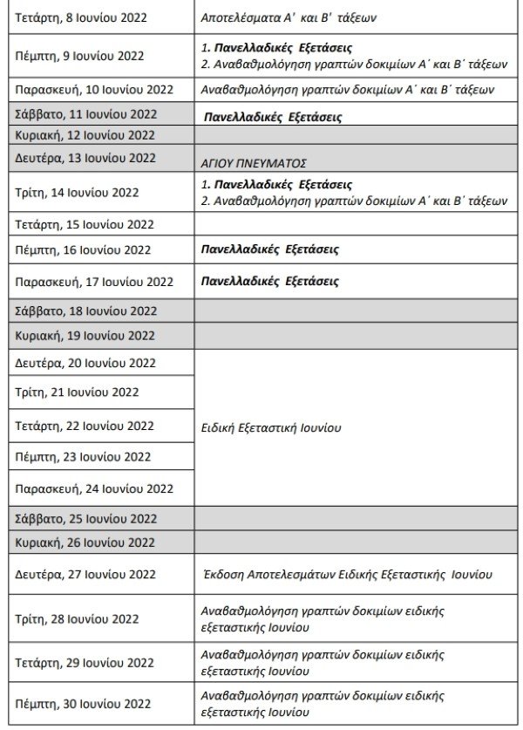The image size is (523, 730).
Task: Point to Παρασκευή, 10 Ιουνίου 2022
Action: tap(95, 90)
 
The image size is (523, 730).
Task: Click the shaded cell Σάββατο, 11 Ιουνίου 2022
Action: tap(85, 114)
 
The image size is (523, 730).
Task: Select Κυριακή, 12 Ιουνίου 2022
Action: tap(85, 135)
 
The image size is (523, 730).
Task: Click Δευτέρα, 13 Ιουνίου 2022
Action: tap(85, 158)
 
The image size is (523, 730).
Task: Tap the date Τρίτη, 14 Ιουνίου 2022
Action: tap(78, 193)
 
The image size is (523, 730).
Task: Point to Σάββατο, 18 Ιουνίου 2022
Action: tap(85, 310)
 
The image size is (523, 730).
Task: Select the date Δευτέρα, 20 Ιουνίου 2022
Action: tap(85, 363)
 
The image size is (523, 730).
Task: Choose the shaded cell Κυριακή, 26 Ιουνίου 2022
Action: tap(85, 542)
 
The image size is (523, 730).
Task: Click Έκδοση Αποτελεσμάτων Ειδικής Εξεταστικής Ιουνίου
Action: tap(346, 574)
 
